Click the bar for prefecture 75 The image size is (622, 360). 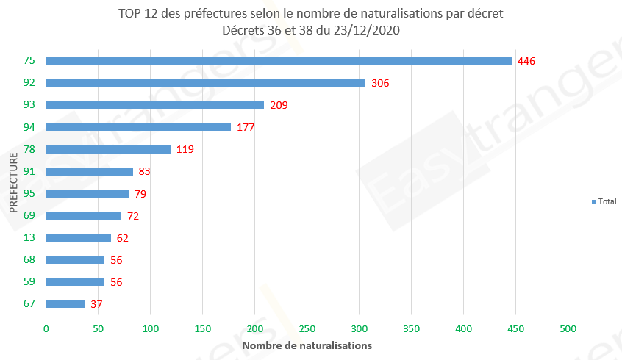click(278, 61)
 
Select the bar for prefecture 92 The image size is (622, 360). click(205, 83)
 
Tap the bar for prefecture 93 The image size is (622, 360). click(154, 105)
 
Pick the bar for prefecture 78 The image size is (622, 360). click(107, 149)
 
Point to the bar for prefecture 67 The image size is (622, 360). click(65, 303)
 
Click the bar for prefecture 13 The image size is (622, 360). click(78, 237)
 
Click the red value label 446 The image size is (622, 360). click(526, 61)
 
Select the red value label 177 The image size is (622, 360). click(246, 127)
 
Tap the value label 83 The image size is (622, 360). click(145, 171)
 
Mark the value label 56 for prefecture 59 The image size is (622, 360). click(116, 281)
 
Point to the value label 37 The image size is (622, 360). click(96, 303)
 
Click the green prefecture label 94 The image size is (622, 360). click(30, 127)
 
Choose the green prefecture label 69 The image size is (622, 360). click(30, 215)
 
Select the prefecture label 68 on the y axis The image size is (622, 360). click(30, 259)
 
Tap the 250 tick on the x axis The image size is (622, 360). click(307, 330)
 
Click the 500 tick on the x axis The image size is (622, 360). click(568, 330)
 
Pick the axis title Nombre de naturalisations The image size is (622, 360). click(307, 345)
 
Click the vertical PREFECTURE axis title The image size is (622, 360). click(14, 182)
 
